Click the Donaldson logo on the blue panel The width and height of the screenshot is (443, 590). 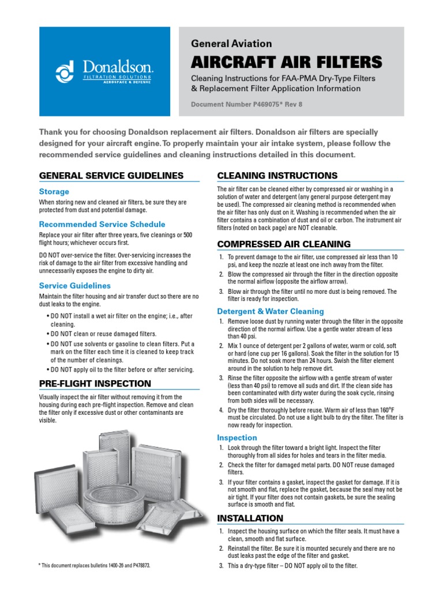pyautogui.click(x=103, y=71)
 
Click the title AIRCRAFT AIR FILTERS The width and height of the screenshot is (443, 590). pyautogui.click(x=286, y=62)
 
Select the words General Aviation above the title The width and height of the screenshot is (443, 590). pyautogui.click(x=231, y=44)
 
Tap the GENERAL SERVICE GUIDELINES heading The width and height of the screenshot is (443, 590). pyautogui.click(x=111, y=176)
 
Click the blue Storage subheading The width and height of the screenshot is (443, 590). pyautogui.click(x=54, y=191)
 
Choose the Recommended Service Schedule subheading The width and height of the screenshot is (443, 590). pyautogui.click(x=102, y=224)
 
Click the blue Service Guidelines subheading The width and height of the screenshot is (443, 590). pyautogui.click(x=74, y=285)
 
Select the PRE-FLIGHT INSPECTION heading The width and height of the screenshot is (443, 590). pyautogui.click(x=95, y=384)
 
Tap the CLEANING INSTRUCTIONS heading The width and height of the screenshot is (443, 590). pyautogui.click(x=277, y=176)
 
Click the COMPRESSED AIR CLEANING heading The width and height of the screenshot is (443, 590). pyautogui.click(x=283, y=244)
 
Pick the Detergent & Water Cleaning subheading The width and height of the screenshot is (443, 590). pyautogui.click(x=270, y=311)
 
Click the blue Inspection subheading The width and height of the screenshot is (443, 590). pyautogui.click(x=238, y=437)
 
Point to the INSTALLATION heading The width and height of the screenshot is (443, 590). pyautogui.click(x=250, y=519)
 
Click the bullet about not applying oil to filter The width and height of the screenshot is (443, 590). pyautogui.click(x=122, y=369)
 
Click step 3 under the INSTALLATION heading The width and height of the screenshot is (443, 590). pyautogui.click(x=292, y=566)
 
